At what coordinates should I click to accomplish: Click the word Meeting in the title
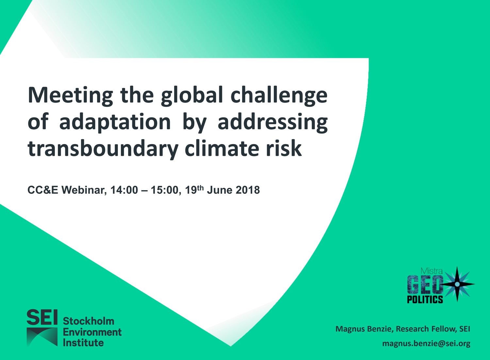pyautogui.click(x=71, y=96)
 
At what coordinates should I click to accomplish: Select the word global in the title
pyautogui.click(x=192, y=96)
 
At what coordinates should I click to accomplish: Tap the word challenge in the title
pyautogui.click(x=279, y=96)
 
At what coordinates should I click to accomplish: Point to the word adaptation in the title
pyautogui.click(x=115, y=122)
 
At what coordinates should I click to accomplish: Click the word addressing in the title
pyautogui.click(x=272, y=122)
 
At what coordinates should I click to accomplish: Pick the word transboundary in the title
pyautogui.click(x=103, y=149)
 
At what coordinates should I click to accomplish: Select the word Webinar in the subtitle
pyautogui.click(x=84, y=190)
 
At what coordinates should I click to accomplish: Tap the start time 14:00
pyautogui.click(x=124, y=190)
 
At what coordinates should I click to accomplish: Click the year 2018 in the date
pyautogui.click(x=248, y=190)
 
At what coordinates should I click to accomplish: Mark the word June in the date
pyautogui.click(x=220, y=190)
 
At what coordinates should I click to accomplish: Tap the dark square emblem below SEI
pyautogui.click(x=42, y=337)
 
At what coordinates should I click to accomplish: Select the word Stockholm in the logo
pyautogui.click(x=89, y=321)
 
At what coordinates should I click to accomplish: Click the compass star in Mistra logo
pyautogui.click(x=457, y=284)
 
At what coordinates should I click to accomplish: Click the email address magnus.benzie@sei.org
pyautogui.click(x=426, y=344)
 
